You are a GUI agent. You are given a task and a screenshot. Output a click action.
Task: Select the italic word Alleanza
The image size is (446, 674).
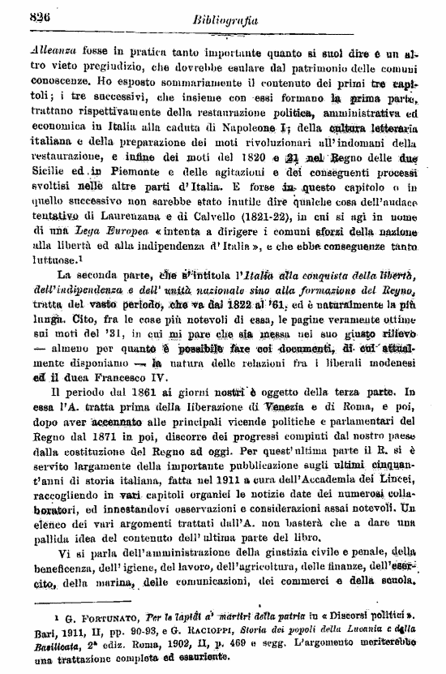54,49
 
